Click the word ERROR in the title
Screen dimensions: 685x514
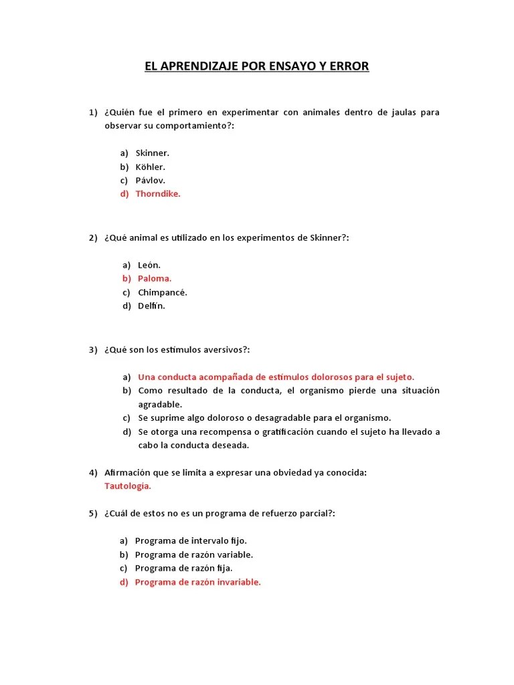coord(348,67)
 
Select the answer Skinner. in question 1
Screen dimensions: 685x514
coord(152,153)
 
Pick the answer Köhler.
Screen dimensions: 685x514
coord(150,167)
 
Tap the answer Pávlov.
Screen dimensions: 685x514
coord(150,180)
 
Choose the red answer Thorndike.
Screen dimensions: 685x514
coord(158,194)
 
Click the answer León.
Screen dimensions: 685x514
coord(149,265)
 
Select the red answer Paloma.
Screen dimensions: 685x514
coord(155,278)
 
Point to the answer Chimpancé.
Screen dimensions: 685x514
coord(163,292)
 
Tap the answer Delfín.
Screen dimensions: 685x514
coord(151,306)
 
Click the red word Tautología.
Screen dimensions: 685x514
coord(128,486)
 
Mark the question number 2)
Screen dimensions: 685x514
coord(94,238)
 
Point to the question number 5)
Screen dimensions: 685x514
coord(94,513)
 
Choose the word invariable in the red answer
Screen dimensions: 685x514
coord(235,582)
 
